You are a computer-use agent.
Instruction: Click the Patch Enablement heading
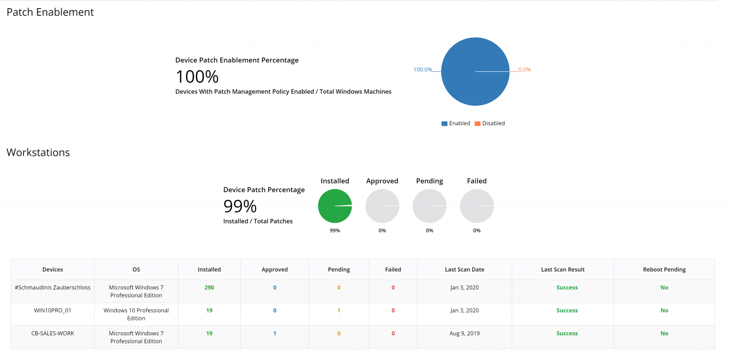(x=50, y=12)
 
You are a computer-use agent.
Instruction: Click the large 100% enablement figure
(x=197, y=76)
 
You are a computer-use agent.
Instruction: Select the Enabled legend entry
(x=456, y=123)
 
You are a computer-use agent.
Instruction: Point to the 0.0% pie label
(x=524, y=70)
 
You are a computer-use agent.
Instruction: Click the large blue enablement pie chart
(x=475, y=72)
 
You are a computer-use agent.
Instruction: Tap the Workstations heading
(x=38, y=153)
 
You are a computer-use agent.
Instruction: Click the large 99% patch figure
(x=240, y=206)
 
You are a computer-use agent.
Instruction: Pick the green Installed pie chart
(x=335, y=206)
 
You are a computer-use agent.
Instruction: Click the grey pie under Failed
(x=476, y=206)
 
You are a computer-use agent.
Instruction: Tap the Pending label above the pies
(x=429, y=181)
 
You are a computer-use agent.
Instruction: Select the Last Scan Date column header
(x=464, y=270)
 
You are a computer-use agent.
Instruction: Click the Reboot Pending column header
(x=664, y=270)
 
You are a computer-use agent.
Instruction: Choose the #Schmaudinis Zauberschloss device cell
(x=53, y=288)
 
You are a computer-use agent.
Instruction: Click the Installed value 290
(x=209, y=288)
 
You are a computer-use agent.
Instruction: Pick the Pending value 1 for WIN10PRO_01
(x=339, y=311)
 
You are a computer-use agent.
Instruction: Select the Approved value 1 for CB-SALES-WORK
(x=275, y=334)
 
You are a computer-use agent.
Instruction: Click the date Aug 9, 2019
(x=464, y=334)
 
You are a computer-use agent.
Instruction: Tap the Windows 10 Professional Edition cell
(x=136, y=314)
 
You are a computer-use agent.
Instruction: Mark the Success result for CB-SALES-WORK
(x=567, y=334)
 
